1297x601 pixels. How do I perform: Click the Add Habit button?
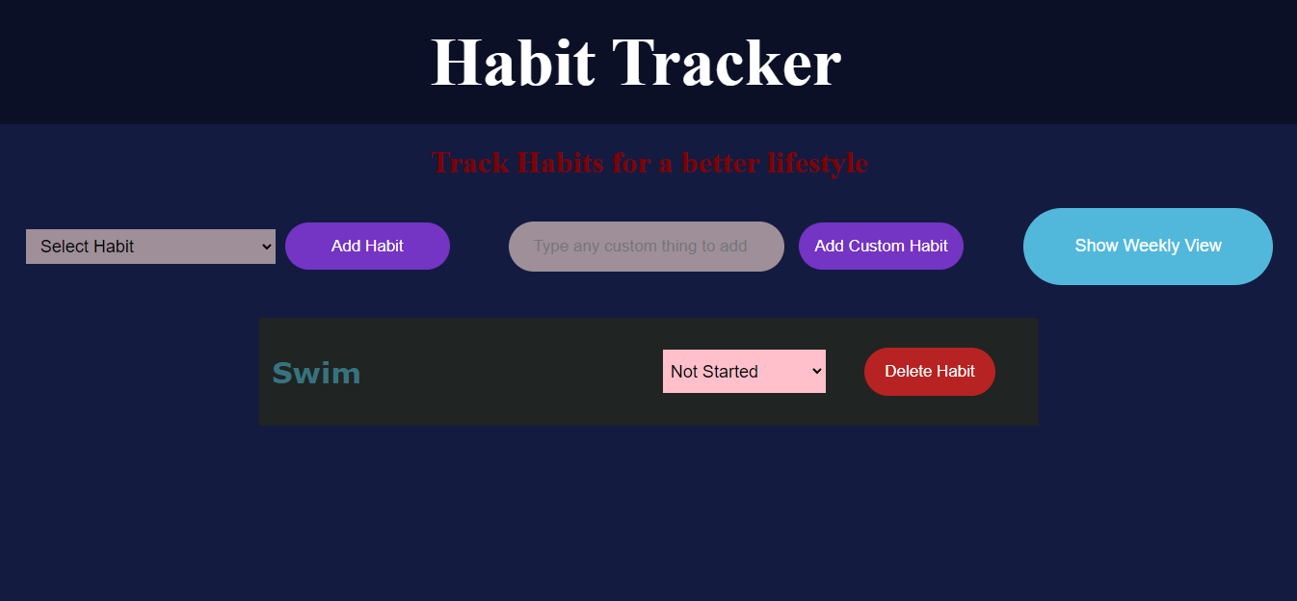[x=367, y=246]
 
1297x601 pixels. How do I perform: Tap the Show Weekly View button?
[x=1148, y=246]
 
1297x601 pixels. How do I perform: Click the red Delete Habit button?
[x=929, y=371]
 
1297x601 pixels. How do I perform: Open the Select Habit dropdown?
[x=150, y=247]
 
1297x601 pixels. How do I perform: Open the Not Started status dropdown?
[x=743, y=371]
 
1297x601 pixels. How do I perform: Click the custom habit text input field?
[x=646, y=246]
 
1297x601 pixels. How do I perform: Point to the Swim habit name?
[x=316, y=373]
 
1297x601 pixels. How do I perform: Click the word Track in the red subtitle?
[x=470, y=163]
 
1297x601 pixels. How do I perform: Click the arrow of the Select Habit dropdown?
[x=267, y=247]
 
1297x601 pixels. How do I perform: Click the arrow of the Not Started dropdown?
[x=816, y=371]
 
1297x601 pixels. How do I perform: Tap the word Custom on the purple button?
[x=875, y=246]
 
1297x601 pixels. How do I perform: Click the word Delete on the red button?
[x=908, y=371]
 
